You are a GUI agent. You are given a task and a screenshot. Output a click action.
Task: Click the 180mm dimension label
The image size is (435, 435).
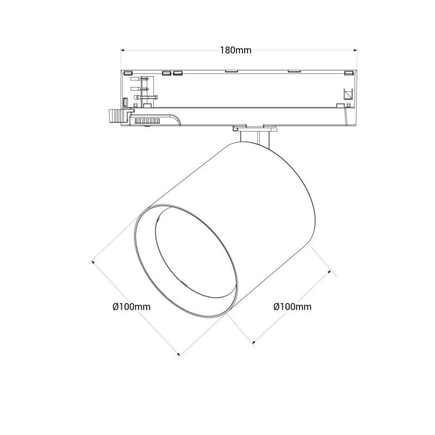235,50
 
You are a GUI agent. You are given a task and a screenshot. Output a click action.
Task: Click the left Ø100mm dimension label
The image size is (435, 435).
131,307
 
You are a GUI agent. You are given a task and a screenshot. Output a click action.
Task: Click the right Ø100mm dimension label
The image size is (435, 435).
293,307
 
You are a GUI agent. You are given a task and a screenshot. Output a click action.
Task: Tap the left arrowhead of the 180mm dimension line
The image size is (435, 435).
121,50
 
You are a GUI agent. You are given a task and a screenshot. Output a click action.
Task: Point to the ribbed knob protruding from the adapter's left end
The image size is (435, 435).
115,116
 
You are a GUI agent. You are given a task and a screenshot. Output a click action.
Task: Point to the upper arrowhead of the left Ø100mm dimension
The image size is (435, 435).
93,262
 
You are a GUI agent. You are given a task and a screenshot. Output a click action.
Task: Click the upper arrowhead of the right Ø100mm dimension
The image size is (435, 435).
331,269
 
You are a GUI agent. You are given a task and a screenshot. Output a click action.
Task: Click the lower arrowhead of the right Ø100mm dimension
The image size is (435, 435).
253,343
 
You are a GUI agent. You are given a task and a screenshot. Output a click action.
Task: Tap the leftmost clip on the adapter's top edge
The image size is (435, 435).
127,72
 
